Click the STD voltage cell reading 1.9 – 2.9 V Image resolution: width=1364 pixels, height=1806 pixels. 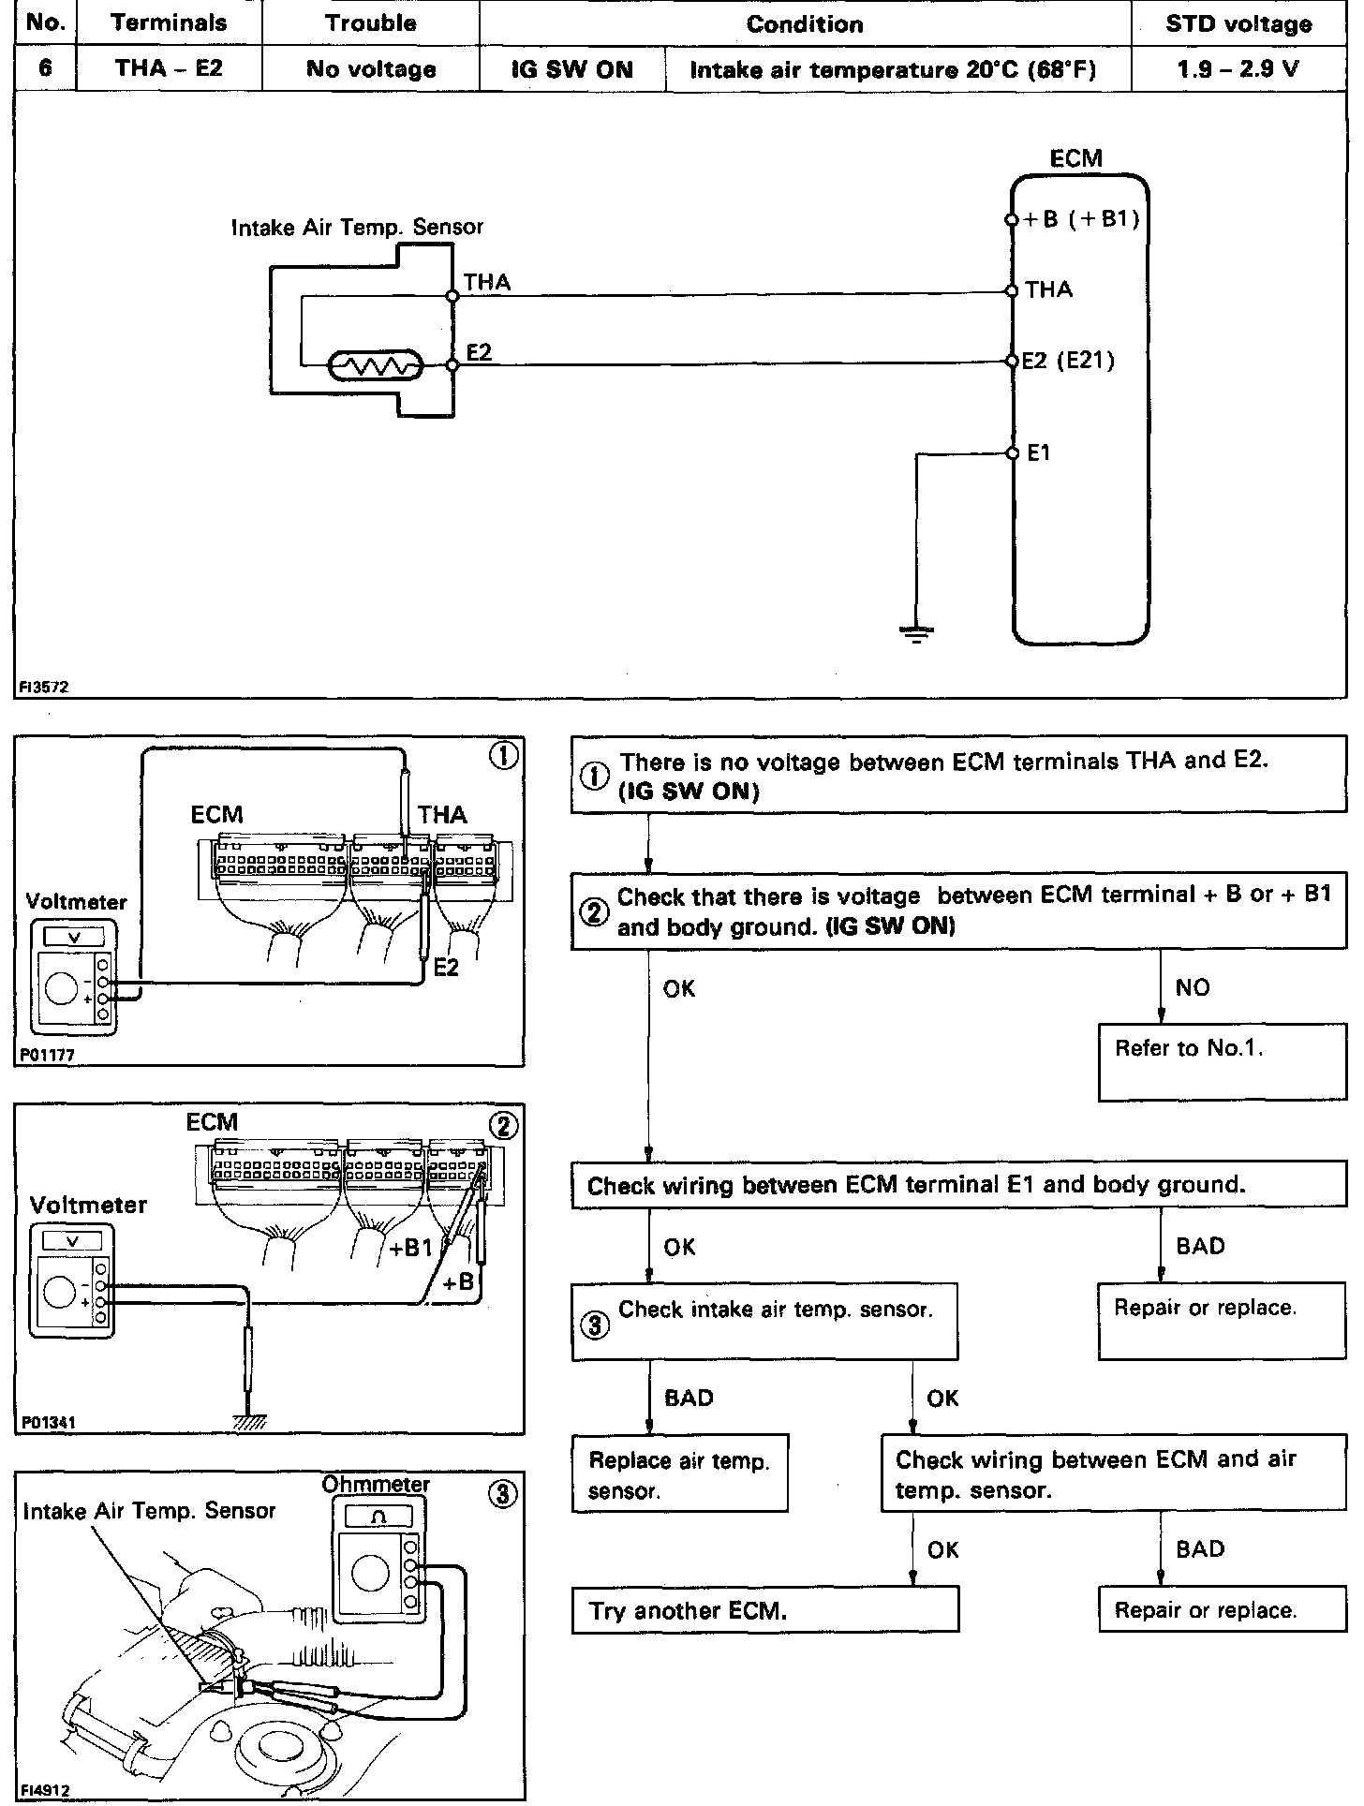point(1238,69)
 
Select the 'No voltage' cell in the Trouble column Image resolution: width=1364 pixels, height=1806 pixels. point(370,69)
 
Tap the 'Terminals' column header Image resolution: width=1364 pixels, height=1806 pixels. point(169,23)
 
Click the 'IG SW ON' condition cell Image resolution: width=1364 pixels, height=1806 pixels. point(571,69)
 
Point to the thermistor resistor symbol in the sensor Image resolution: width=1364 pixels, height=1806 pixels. point(375,366)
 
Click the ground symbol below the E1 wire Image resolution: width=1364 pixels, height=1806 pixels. point(915,634)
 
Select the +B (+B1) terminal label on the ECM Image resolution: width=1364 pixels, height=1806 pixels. point(1080,220)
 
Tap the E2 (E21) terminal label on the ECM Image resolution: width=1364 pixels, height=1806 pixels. point(1068,361)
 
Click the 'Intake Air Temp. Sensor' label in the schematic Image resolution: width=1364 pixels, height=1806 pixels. point(357,227)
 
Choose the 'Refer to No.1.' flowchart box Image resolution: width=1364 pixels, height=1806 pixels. point(1221,1062)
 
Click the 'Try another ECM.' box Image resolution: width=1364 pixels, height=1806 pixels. point(764,1610)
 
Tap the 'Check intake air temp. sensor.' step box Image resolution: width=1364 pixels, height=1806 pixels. point(764,1321)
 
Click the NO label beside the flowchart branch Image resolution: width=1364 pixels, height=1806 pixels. point(1192,987)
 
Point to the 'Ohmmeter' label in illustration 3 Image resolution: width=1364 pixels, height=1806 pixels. point(375,1485)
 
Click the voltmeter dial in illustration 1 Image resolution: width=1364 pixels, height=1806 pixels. point(61,989)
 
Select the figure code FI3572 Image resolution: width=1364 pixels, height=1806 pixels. point(42,687)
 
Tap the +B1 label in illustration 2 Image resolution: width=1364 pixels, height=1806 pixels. point(410,1248)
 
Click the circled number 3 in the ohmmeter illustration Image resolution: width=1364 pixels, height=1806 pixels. point(503,1494)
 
